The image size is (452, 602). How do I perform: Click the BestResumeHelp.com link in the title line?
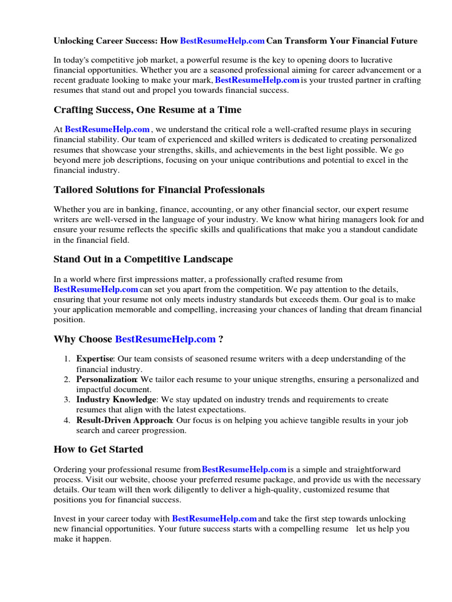coord(222,41)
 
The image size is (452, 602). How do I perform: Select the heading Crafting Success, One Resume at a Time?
coord(147,110)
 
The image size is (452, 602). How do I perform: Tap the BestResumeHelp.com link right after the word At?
coord(107,129)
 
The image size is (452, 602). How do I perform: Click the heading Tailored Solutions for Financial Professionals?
coord(159,190)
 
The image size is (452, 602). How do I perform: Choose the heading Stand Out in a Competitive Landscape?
coord(143,259)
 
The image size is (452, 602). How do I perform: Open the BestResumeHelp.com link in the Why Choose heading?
coord(165,339)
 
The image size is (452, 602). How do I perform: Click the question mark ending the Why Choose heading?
coord(221,339)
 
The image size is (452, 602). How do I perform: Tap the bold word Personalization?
coord(107,380)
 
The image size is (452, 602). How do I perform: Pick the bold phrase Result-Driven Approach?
coord(124,420)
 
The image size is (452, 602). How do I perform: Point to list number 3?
coord(67,400)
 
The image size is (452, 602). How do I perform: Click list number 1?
coord(67,359)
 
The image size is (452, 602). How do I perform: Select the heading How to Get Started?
coord(98,450)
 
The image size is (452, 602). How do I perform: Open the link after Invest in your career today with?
coord(214,519)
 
